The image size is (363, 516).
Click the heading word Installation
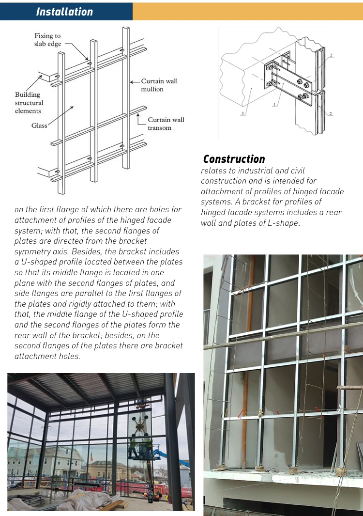point(64,12)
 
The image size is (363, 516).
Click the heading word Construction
point(234,159)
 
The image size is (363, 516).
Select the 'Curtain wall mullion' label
point(159,85)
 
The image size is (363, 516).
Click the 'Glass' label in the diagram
point(39,125)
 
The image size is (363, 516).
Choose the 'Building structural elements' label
point(29,103)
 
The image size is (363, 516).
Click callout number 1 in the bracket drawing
point(274,104)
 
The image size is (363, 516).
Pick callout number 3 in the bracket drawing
point(242,113)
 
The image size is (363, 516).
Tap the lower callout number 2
point(331,113)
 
